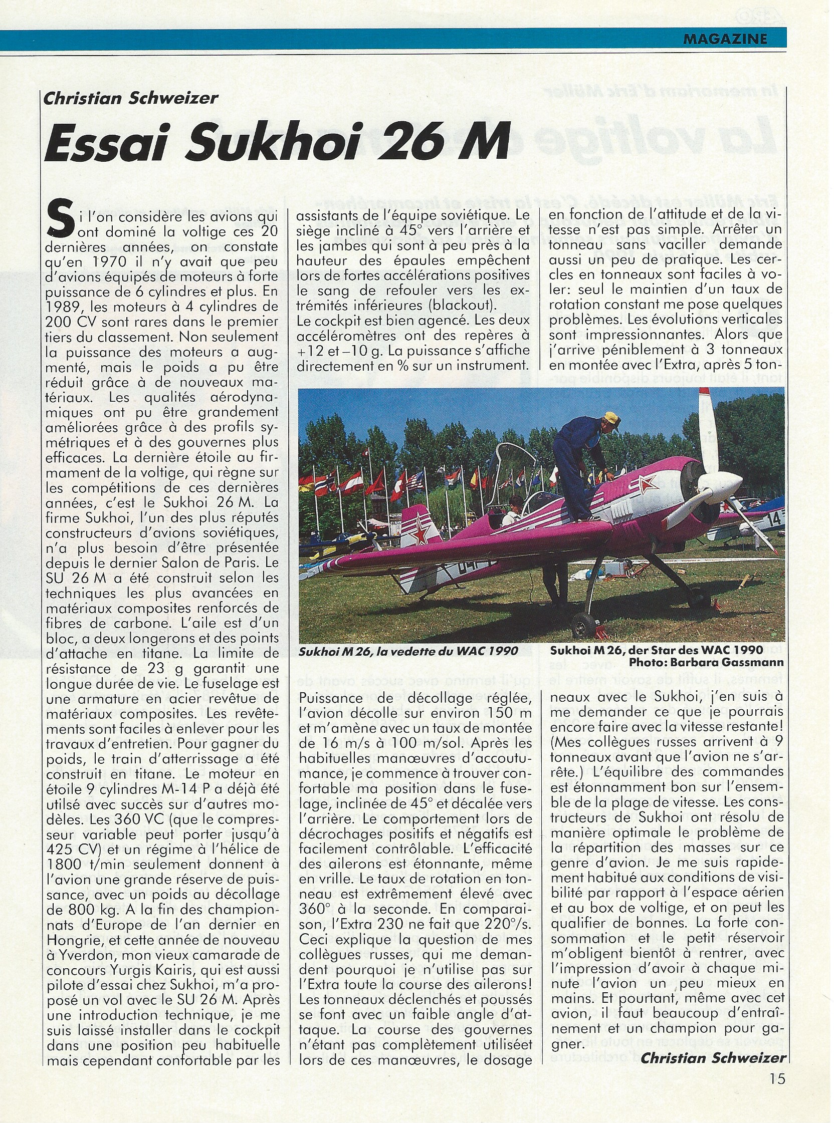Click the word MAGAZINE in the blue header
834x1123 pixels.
click(724, 39)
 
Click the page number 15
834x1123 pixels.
click(777, 1078)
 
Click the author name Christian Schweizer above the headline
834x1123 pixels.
click(131, 98)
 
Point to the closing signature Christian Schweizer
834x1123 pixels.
click(713, 1058)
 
